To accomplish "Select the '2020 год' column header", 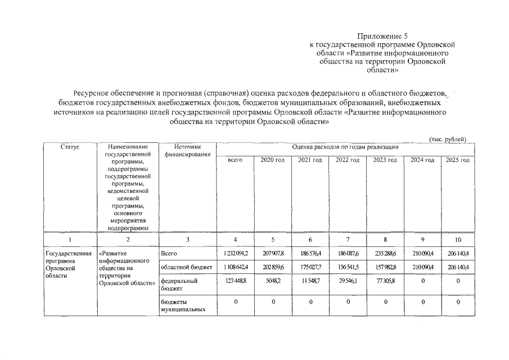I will pyautogui.click(x=272, y=160).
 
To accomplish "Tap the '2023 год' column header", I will pyautogui.click(x=384, y=160).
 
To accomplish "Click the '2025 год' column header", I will pyautogui.click(x=457, y=160).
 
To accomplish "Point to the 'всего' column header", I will pyautogui.click(x=235, y=160).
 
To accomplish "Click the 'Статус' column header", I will pyautogui.click(x=70, y=147).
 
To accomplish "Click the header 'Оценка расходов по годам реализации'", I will pyautogui.click(x=345, y=147).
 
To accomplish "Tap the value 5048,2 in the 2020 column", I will pyautogui.click(x=273, y=280).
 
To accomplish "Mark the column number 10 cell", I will pyautogui.click(x=458, y=239).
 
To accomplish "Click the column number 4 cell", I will pyautogui.click(x=235, y=239).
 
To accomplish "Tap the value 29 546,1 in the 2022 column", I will pyautogui.click(x=347, y=280).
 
